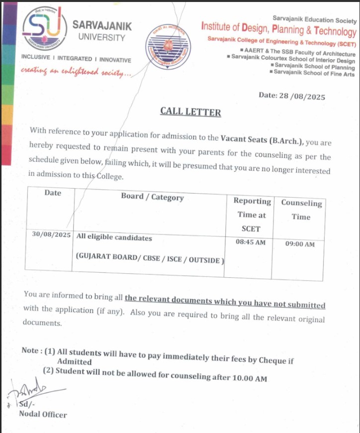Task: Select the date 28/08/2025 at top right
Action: [x=292, y=97]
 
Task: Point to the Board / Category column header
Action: [x=152, y=197]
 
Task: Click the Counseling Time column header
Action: [x=301, y=210]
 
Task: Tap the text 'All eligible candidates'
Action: [x=114, y=238]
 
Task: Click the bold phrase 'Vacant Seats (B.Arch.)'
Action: [x=262, y=140]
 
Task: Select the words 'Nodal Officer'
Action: [x=43, y=414]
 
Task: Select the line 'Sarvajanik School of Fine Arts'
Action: [x=313, y=74]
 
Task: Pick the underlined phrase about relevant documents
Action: [x=225, y=301]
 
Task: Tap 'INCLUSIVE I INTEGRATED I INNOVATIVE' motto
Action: [x=76, y=59]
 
